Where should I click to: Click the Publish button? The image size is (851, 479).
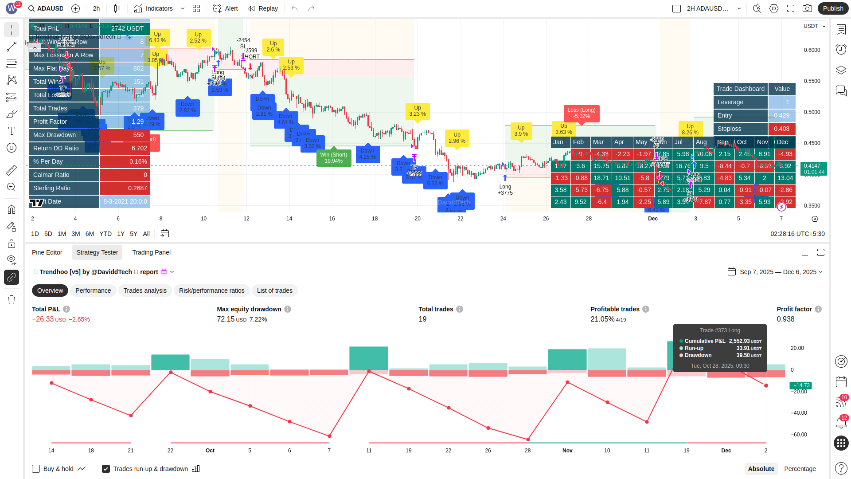pyautogui.click(x=833, y=8)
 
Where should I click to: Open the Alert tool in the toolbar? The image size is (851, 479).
pyautogui.click(x=226, y=8)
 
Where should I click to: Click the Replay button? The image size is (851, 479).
pyautogui.click(x=263, y=8)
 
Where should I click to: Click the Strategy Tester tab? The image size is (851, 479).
pyautogui.click(x=97, y=252)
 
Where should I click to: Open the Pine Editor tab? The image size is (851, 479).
pyautogui.click(x=47, y=252)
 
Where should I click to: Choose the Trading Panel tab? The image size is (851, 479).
pyautogui.click(x=151, y=252)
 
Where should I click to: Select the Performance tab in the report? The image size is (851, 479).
pyautogui.click(x=93, y=291)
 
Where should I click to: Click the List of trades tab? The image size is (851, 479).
pyautogui.click(x=274, y=291)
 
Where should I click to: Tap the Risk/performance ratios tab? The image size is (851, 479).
pyautogui.click(x=211, y=291)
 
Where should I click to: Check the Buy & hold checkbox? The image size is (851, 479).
pyautogui.click(x=36, y=469)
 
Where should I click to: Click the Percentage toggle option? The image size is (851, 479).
pyautogui.click(x=800, y=469)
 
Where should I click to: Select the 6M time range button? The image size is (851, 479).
pyautogui.click(x=90, y=234)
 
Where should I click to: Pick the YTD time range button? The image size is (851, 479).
pyautogui.click(x=105, y=234)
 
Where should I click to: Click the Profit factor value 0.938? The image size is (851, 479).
pyautogui.click(x=785, y=319)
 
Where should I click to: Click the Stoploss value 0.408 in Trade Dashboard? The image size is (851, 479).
pyautogui.click(x=781, y=129)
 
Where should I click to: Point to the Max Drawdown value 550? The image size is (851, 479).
pyautogui.click(x=138, y=135)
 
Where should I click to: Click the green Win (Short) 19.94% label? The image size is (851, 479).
pyautogui.click(x=334, y=158)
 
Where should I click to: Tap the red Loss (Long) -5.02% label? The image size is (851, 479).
pyautogui.click(x=582, y=113)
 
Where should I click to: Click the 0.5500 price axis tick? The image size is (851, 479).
pyautogui.click(x=812, y=81)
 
